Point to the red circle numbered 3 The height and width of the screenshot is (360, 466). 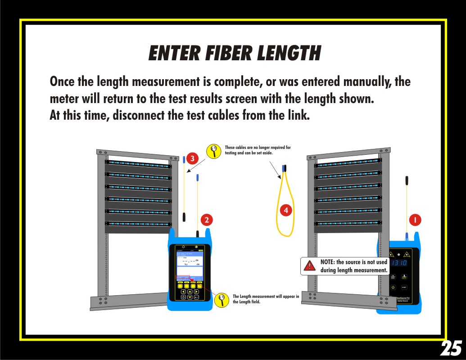(x=192, y=158)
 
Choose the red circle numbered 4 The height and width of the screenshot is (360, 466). (x=285, y=210)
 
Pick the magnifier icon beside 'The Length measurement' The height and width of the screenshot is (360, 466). (x=221, y=300)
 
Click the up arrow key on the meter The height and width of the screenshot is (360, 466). (x=190, y=291)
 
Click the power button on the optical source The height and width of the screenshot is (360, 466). (x=393, y=288)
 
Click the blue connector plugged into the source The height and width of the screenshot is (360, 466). (x=407, y=236)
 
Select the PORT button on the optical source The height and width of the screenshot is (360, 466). (x=404, y=288)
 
